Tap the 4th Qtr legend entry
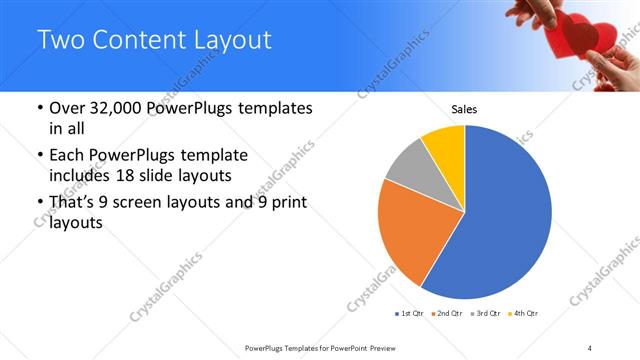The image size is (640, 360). pos(526,314)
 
